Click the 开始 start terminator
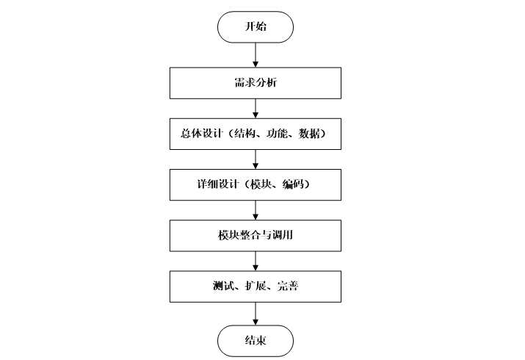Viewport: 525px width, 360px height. click(255, 28)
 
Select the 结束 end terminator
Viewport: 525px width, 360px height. click(255, 341)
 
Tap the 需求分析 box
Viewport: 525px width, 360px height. click(255, 84)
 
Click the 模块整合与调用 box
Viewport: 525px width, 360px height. click(255, 237)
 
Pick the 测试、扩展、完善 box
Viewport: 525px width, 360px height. click(255, 287)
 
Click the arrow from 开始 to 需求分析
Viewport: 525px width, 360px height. click(255, 54)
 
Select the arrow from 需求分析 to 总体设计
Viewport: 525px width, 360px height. click(255, 108)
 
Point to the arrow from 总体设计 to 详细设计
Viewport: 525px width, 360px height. click(255, 159)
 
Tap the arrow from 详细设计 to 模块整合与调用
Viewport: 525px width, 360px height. click(255, 210)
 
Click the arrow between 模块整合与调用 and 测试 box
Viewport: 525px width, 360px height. click(255, 262)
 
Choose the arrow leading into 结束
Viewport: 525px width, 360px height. click(255, 313)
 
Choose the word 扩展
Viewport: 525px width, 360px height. click(254, 287)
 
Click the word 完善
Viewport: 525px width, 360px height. click(288, 287)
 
